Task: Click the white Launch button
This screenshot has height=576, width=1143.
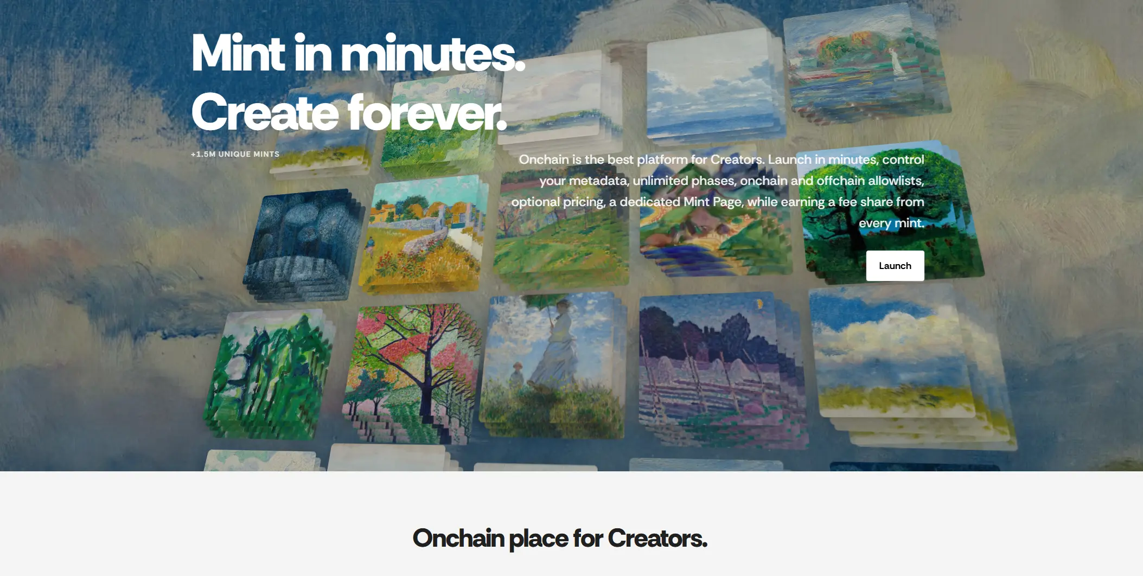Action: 895,266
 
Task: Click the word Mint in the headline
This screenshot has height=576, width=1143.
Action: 238,53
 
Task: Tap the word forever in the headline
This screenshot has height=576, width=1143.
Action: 427,113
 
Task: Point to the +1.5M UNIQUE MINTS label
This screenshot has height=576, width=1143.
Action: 235,154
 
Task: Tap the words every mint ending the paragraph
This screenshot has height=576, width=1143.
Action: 891,223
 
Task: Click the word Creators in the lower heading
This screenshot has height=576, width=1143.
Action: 657,539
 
